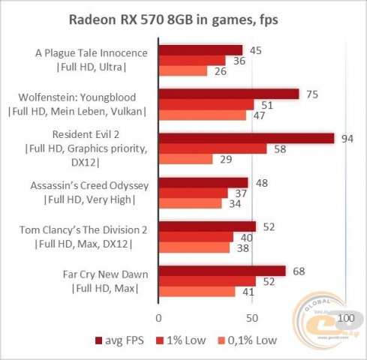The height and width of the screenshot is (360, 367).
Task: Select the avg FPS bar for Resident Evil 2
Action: point(246,138)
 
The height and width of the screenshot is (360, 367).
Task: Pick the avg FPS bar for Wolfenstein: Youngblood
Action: point(228,94)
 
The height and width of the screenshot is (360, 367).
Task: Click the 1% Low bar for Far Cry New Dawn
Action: point(207,281)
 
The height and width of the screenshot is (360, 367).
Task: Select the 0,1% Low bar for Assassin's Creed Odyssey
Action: point(190,203)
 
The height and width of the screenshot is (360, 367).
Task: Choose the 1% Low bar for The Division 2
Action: point(196,236)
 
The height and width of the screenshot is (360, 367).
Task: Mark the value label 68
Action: point(298,270)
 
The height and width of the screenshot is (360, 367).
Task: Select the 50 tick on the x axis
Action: point(252,316)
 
